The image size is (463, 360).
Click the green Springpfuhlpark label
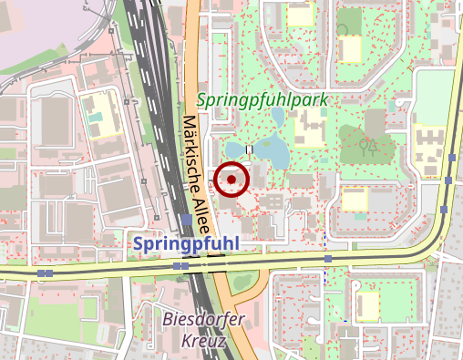[261, 99]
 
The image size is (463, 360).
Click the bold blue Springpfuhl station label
[186, 243]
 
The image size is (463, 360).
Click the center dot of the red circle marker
[232, 180]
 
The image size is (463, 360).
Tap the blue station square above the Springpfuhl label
[187, 220]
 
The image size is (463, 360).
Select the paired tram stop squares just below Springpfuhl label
[180, 265]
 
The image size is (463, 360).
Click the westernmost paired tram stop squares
[44, 273]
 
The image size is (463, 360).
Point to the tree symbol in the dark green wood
[369, 146]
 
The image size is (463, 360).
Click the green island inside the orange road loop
[241, 282]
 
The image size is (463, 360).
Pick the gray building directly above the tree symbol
[375, 120]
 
